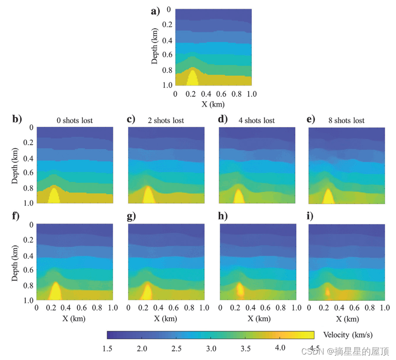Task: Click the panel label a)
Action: point(156,11)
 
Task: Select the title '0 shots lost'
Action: point(75,120)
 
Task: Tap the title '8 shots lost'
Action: point(347,120)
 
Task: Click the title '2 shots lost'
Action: point(166,120)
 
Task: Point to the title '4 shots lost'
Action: point(257,120)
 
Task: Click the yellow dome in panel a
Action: point(193,78)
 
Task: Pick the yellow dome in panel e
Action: point(328,197)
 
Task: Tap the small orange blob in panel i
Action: point(327,291)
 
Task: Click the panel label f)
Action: point(16,217)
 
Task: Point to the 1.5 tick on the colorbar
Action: point(108,349)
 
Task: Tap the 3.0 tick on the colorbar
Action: point(211,349)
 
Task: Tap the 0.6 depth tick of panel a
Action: point(168,55)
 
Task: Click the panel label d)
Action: point(223,120)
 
